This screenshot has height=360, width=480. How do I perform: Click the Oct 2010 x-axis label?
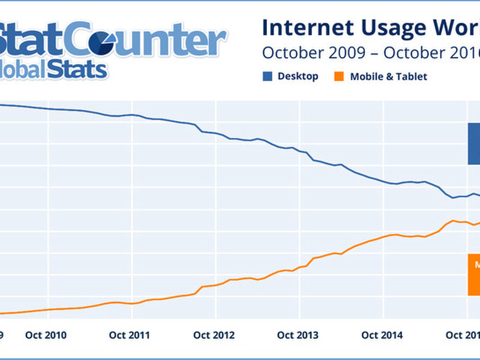click(46, 335)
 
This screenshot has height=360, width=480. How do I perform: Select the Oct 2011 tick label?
click(130, 335)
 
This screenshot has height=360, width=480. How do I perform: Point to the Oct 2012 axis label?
click(214, 335)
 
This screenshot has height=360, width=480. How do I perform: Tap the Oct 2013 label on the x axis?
click(298, 335)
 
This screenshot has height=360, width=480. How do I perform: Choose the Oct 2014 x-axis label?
click(382, 335)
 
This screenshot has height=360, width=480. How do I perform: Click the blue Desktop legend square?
click(267, 76)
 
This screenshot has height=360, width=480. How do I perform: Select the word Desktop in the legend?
click(298, 76)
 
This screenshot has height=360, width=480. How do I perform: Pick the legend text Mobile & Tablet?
click(389, 77)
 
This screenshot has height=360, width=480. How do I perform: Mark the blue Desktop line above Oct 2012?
click(214, 133)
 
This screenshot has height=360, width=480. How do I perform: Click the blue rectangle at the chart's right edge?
click(474, 143)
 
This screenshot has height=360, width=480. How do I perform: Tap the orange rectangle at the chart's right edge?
click(474, 274)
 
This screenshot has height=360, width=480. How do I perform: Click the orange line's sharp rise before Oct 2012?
click(199, 289)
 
